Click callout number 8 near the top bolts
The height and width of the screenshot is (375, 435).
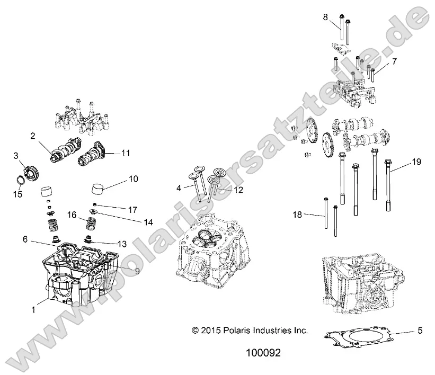pyautogui.click(x=326, y=17)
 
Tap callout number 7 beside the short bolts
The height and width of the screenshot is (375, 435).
pyautogui.click(x=394, y=62)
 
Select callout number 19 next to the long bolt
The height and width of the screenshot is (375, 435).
pyautogui.click(x=416, y=162)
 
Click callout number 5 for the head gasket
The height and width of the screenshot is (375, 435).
pyautogui.click(x=420, y=332)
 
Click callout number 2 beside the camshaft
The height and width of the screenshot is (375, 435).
pyautogui.click(x=33, y=136)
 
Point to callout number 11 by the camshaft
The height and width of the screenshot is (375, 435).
pyautogui.click(x=125, y=153)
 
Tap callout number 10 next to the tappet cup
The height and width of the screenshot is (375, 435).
pyautogui.click(x=132, y=179)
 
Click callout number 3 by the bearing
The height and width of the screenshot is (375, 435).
pyautogui.click(x=16, y=155)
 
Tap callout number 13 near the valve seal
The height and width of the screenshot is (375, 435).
pyautogui.click(x=122, y=244)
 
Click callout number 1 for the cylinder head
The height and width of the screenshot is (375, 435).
pyautogui.click(x=33, y=310)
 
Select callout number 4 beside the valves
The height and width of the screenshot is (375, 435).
pyautogui.click(x=179, y=188)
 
